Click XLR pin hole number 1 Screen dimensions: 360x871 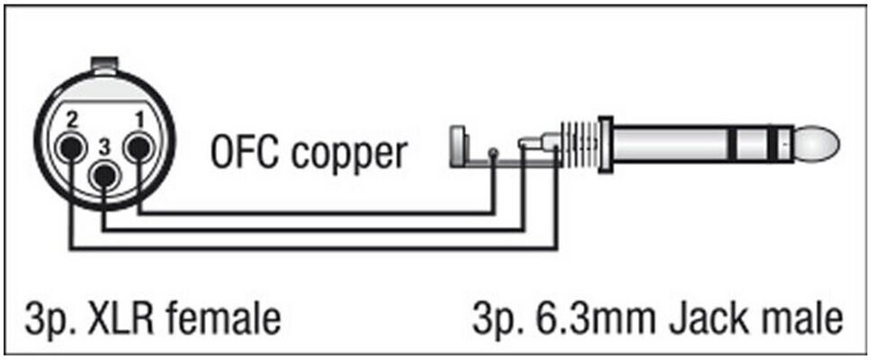click(x=138, y=146)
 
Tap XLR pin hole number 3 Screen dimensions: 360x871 click(x=104, y=180)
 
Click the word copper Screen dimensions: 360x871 click(x=352, y=155)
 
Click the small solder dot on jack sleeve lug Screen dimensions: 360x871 click(x=494, y=151)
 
